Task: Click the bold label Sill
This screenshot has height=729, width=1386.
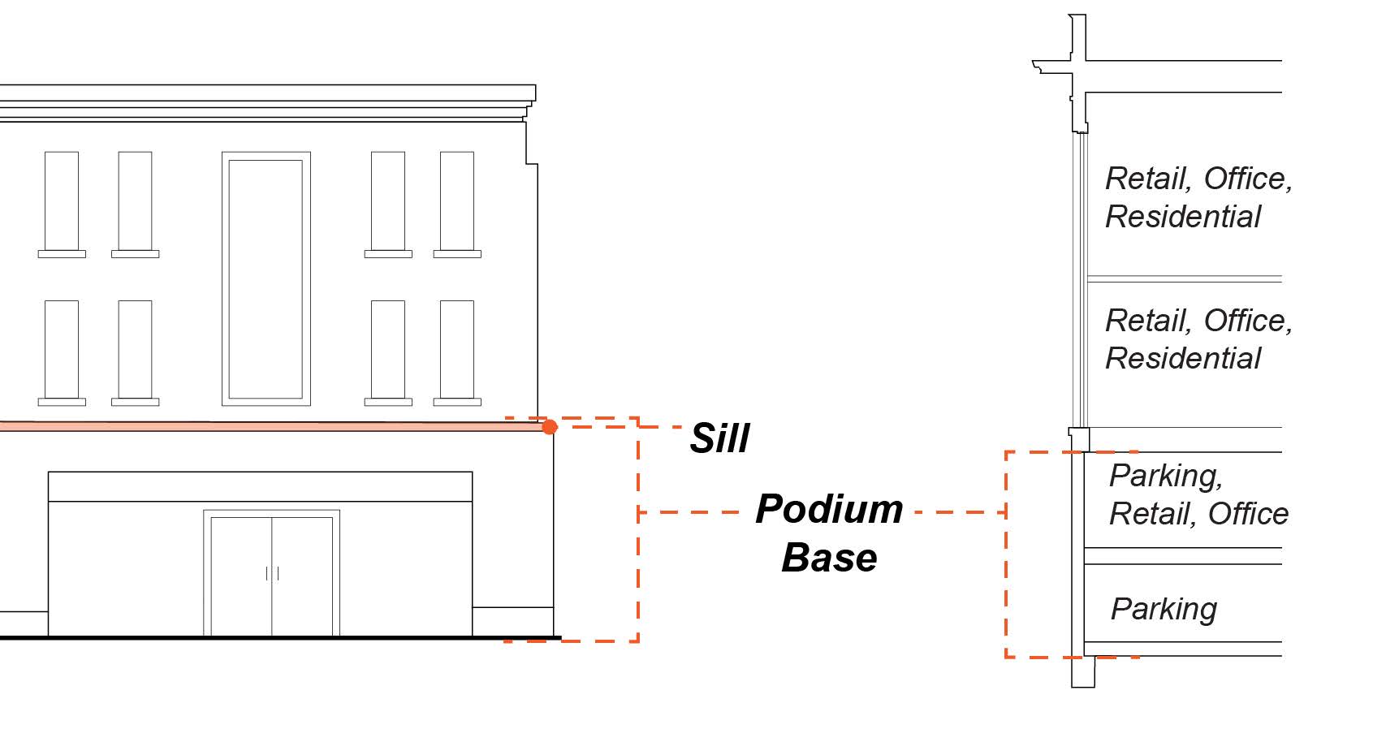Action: tap(719, 438)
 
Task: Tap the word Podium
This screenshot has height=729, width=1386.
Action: tap(829, 510)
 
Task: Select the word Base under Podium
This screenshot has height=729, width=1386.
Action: tap(829, 558)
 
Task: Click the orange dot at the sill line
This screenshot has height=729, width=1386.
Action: tap(550, 427)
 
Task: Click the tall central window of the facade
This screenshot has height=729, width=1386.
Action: tap(266, 278)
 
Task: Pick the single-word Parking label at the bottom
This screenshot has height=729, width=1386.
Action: tap(1164, 609)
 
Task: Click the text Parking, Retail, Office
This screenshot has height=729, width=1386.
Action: tap(1198, 494)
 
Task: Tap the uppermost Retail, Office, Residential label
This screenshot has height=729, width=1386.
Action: tap(1198, 197)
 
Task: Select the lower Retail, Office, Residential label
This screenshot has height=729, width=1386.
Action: tap(1198, 339)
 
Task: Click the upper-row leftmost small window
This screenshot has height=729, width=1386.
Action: tap(62, 201)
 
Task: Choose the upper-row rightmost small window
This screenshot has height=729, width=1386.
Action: tap(457, 201)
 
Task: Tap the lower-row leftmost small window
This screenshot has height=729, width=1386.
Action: tap(62, 350)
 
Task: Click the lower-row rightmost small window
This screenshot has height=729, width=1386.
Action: tap(457, 350)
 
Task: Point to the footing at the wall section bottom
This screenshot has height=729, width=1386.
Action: tap(1083, 671)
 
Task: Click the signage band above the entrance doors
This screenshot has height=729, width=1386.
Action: tap(260, 486)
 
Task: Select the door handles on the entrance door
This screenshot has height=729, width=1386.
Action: tap(272, 573)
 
